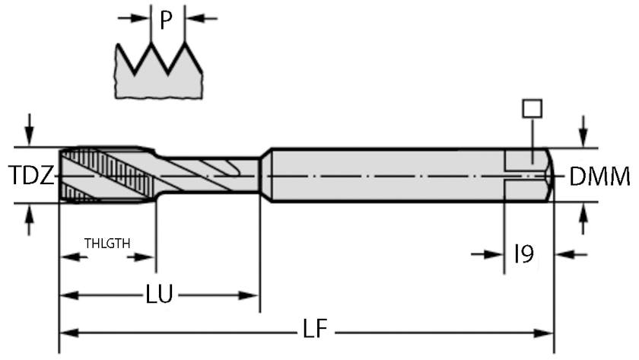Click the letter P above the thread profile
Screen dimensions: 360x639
[167, 21]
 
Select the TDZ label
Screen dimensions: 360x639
[31, 177]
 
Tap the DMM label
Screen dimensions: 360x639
[600, 177]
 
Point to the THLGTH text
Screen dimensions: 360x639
[107, 244]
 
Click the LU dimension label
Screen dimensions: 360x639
[160, 294]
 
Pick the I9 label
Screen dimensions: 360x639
[524, 253]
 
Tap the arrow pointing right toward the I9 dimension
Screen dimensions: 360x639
[495, 253]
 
